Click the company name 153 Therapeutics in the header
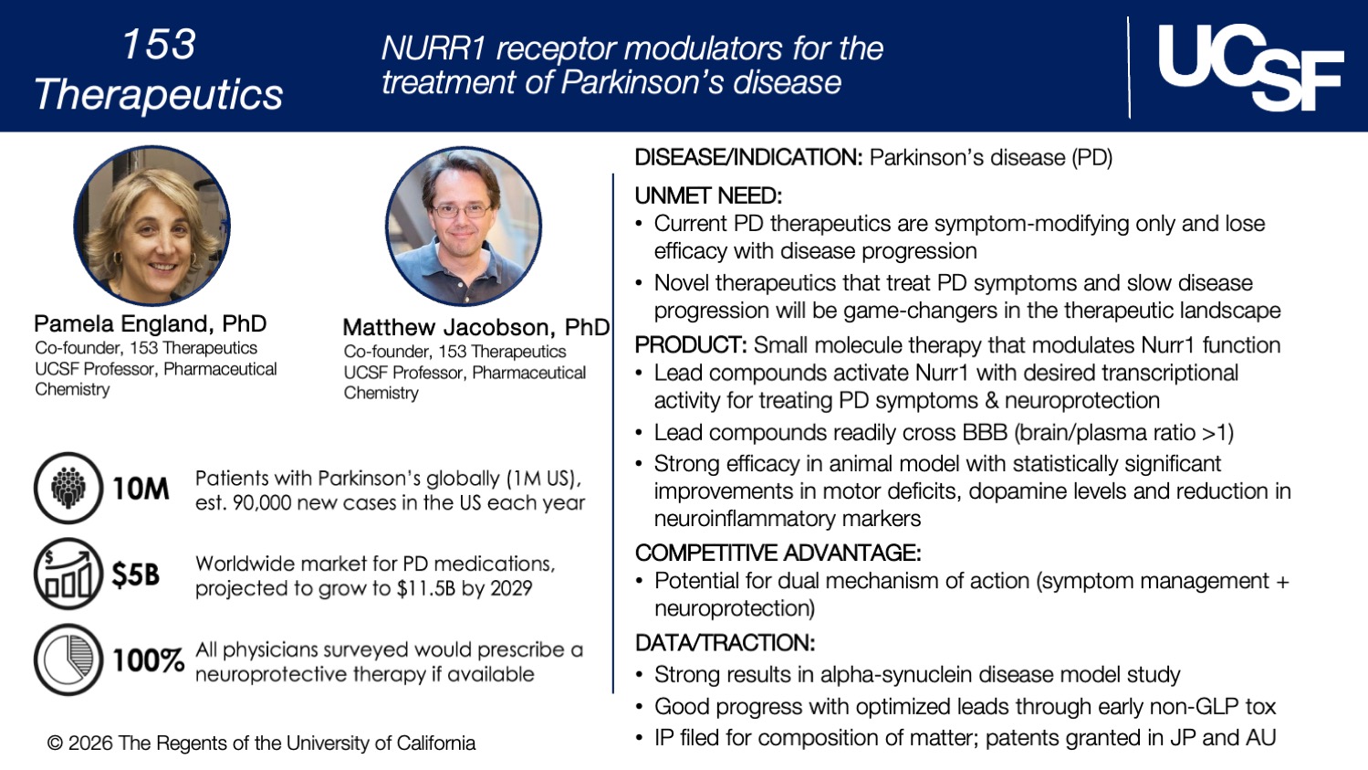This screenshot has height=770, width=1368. click(x=158, y=69)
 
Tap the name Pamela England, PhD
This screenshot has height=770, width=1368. click(x=150, y=323)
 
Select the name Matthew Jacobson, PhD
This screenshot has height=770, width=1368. click(x=475, y=327)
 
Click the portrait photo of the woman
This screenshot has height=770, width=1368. click(x=151, y=227)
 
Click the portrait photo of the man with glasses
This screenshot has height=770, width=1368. click(x=464, y=227)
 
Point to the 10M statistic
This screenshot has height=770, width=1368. click(x=141, y=489)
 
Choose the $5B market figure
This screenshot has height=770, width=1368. click(x=135, y=575)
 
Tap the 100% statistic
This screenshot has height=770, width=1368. click(x=148, y=660)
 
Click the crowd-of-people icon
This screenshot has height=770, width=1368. click(x=68, y=488)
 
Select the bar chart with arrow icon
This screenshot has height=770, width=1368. click(x=68, y=574)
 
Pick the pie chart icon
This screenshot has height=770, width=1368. click(x=68, y=659)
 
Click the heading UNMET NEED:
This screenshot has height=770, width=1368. click(x=708, y=195)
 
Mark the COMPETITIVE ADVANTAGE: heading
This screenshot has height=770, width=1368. click(x=778, y=553)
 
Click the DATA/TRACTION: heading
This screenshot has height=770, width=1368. click(x=725, y=643)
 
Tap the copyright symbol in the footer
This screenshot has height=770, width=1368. click(x=55, y=744)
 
